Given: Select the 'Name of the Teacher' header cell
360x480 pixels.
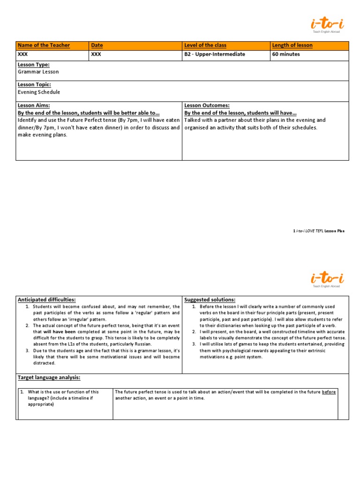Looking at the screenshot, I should (44, 45).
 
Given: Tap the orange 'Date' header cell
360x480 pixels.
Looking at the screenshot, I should (97, 45).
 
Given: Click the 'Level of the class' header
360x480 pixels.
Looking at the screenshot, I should (205, 45).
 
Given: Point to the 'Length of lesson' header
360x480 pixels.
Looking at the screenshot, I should (292, 45).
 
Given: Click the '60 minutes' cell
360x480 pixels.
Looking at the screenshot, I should (286, 54).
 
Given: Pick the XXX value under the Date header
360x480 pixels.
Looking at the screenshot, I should (96, 54).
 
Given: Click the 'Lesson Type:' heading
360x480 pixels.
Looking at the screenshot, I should (34, 65).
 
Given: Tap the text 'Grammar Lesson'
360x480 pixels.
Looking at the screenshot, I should (38, 72).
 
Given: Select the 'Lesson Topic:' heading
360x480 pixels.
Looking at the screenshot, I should (34, 85).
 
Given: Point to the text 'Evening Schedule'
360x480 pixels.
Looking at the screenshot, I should (39, 92).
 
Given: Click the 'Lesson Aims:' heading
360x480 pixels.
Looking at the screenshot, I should (34, 106).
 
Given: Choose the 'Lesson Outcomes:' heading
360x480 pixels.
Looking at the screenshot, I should (207, 106).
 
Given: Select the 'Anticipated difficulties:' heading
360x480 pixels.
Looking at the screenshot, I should (46, 300).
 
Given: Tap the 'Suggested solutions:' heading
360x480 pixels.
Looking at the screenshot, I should (210, 300).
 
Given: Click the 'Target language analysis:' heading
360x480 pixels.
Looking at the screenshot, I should (49, 377).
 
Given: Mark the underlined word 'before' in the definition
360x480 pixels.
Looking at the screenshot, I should (329, 392).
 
